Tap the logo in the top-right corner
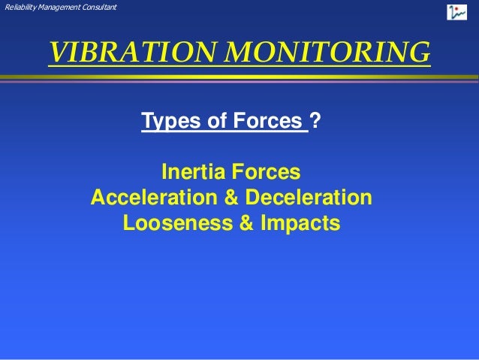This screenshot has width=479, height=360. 456,12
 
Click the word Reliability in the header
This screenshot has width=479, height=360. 19,8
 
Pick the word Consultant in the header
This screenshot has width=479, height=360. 98,8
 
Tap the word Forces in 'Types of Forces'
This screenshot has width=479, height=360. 262,121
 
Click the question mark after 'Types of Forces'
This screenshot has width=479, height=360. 318,121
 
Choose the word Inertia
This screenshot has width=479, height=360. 194,173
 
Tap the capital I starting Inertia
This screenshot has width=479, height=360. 165,173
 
